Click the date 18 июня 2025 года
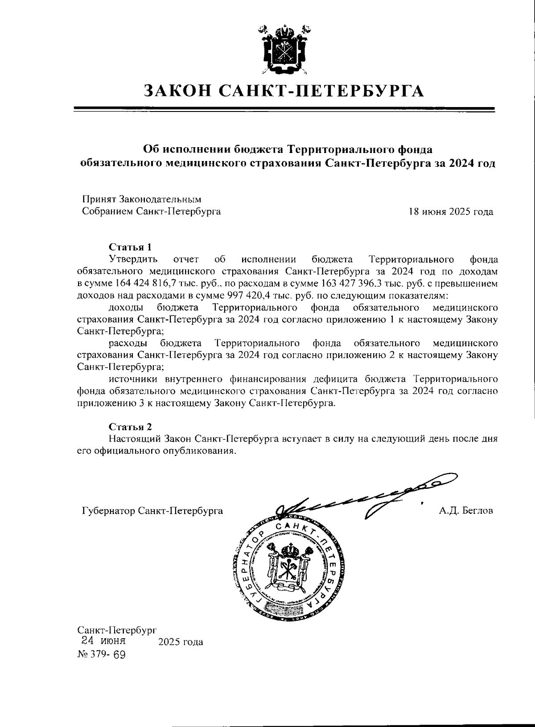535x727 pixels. pos(451,212)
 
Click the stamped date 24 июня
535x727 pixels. pos(103,641)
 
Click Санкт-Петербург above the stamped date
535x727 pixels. pos(117,630)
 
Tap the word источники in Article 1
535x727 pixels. pos(134,380)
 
